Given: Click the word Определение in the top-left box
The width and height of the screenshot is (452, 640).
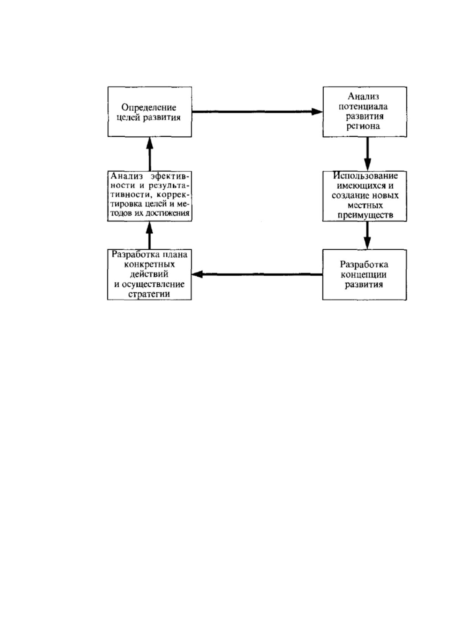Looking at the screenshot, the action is tap(149, 108).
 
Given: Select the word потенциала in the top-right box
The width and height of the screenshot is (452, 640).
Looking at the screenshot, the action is tap(363, 107).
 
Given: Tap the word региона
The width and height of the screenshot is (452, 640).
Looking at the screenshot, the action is tap(363, 127).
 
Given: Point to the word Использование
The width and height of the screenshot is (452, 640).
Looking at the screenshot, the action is tap(365, 176).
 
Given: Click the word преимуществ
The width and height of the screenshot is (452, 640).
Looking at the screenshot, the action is tap(365, 215).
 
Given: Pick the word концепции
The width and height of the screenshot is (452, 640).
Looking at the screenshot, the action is tap(363, 275).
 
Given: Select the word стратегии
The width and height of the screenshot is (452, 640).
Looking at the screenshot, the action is tap(149, 294).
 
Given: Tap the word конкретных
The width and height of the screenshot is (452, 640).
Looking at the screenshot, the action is tap(149, 264).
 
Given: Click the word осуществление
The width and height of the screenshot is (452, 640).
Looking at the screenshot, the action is tap(153, 284).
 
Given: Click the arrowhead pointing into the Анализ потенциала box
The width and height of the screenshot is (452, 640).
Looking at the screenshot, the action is tap(317, 112).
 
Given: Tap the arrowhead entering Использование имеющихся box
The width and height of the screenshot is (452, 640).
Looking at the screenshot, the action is tap(367, 165).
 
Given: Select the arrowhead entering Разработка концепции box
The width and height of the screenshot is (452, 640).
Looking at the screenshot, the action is tap(367, 243).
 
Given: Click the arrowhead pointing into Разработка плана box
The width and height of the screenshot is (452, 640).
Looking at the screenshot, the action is tap(197, 274).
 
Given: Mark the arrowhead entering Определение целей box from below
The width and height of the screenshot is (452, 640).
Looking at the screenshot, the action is tap(149, 143).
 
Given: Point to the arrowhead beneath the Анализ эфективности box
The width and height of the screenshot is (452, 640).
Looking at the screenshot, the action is tap(149, 227).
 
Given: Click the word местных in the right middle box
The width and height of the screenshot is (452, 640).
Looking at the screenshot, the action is tap(365, 206).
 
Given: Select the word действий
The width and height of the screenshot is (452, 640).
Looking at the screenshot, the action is tap(149, 274).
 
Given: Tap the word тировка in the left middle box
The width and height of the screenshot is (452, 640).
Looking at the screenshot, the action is tap(127, 204).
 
